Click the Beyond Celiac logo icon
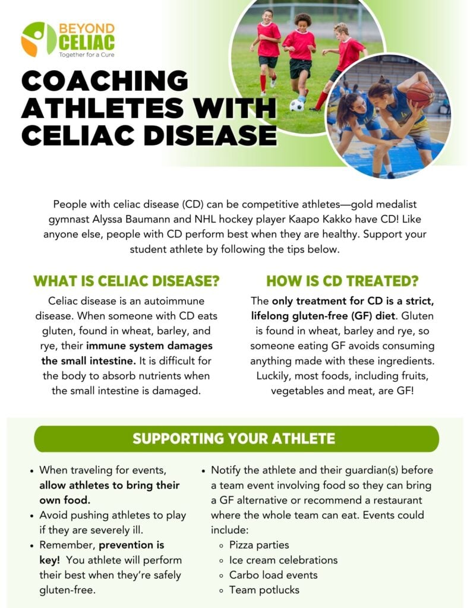coord(39,39)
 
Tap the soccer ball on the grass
coord(296,105)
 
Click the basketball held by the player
coord(420,94)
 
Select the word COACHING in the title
coord(105,81)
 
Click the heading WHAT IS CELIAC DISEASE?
coord(127,281)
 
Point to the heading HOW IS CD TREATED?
coord(342,281)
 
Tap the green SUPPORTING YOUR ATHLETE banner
coord(236,439)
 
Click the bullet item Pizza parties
coord(259,545)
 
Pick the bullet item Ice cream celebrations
coord(283,560)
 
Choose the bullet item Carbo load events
coord(273,575)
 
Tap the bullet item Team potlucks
coord(264,590)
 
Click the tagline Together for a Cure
coord(87,55)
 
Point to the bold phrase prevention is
coord(131,545)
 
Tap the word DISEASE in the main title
coord(211,135)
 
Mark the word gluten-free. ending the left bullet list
coord(67,590)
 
